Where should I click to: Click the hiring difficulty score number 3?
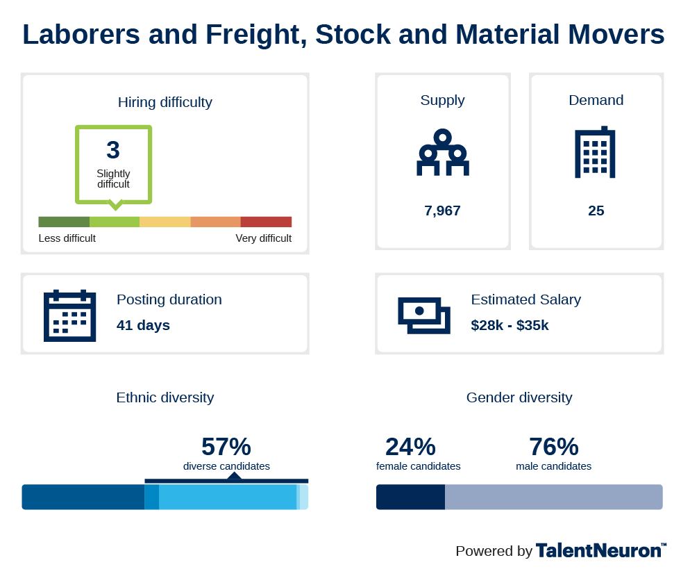point(113,150)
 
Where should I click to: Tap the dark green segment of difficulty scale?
point(65,222)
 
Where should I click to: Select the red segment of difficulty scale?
point(267,222)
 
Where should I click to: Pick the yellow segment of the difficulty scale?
point(165,222)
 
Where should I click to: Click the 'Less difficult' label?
point(67,238)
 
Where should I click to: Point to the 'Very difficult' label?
point(264,238)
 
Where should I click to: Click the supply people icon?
point(443,152)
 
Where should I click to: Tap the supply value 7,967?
point(442,211)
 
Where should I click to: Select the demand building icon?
point(595,152)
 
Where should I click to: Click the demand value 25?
point(596,211)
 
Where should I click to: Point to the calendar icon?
point(70,315)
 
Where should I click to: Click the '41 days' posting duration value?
point(143,325)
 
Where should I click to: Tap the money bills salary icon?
point(424,315)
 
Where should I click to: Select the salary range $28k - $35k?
point(510,325)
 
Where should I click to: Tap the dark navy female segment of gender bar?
point(410,497)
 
